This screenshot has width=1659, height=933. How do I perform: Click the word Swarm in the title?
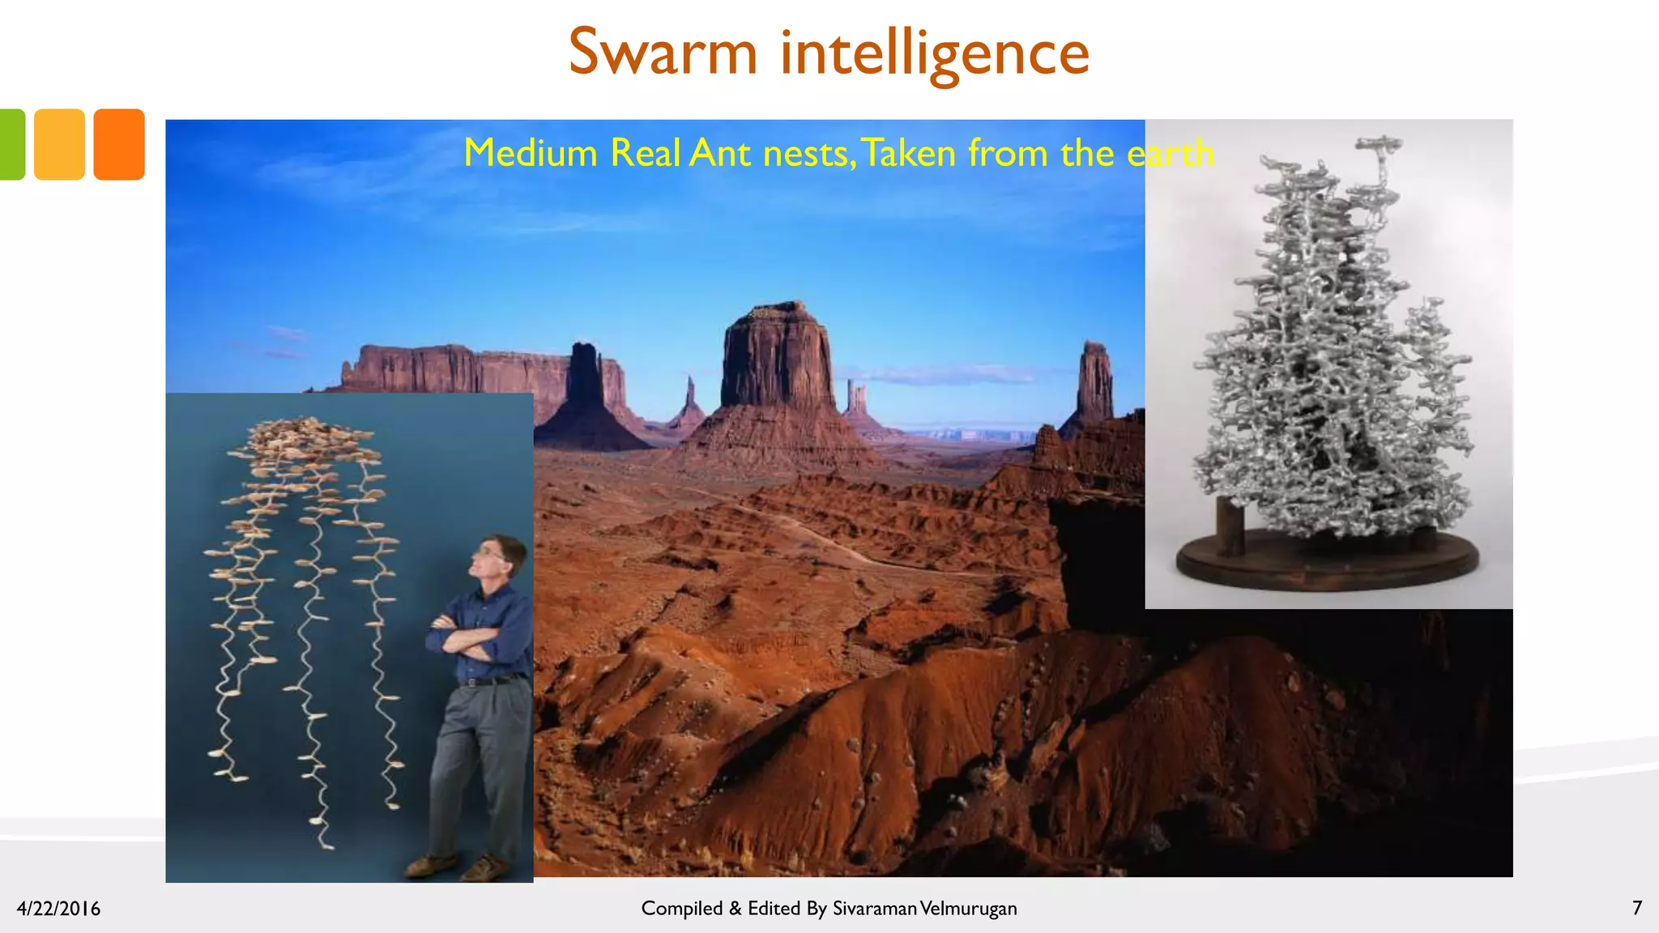[x=663, y=52]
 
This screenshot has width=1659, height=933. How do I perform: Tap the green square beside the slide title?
[x=11, y=144]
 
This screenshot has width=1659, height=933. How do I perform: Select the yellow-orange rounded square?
[x=59, y=144]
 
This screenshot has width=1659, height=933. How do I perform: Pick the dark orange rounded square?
[x=119, y=144]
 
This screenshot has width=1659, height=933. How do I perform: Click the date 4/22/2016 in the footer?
[x=58, y=909]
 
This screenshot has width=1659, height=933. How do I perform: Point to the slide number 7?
[x=1637, y=908]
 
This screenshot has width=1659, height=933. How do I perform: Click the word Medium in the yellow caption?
[x=530, y=152]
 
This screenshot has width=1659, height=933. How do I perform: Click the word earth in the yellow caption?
[x=1170, y=152]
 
